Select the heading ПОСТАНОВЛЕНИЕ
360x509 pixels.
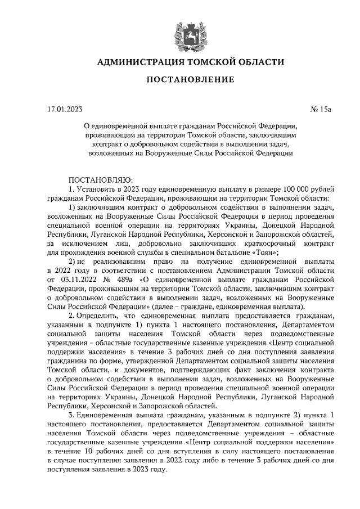click(x=190, y=80)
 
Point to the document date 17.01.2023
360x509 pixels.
click(x=65, y=109)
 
